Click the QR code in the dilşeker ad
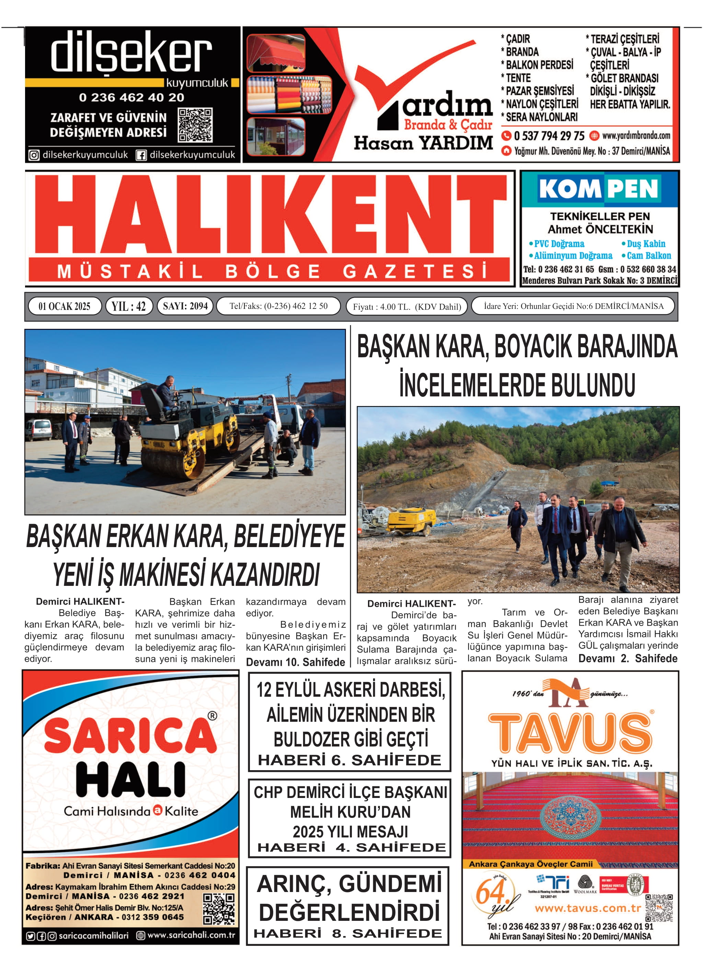[x=195, y=125]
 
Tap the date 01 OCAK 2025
[x=65, y=306]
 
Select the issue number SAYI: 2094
[x=185, y=306]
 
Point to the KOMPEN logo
[x=599, y=189]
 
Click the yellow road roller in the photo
[x=189, y=438]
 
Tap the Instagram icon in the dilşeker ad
[x=34, y=155]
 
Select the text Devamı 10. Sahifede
[x=295, y=662]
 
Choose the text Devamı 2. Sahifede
[x=627, y=659]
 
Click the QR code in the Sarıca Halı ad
[x=219, y=909]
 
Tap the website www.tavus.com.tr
[x=587, y=908]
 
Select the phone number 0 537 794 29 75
[x=549, y=136]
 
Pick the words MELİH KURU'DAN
[x=350, y=812]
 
